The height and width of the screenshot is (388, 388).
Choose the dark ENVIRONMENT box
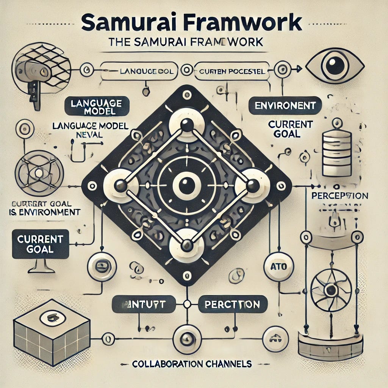pyautogui.click(x=285, y=105)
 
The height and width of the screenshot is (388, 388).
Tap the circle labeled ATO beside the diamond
pyautogui.click(x=278, y=267)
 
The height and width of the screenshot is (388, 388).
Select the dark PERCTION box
pyautogui.click(x=232, y=304)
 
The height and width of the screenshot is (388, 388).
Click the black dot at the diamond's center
pyautogui.click(x=186, y=186)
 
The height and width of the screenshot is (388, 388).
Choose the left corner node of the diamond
pyautogui.click(x=120, y=185)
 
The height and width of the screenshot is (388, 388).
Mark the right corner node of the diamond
pyautogui.click(x=252, y=185)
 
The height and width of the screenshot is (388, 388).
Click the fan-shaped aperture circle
pyautogui.click(x=331, y=290)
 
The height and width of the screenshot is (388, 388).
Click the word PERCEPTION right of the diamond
pyautogui.click(x=339, y=196)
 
